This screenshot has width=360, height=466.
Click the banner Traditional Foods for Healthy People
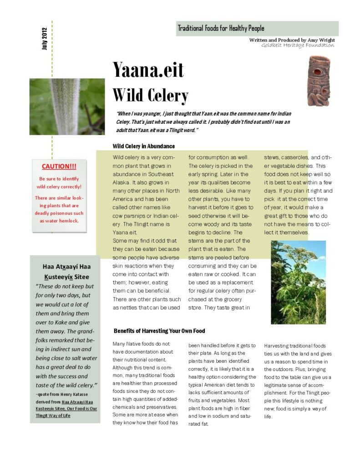pos(221,28)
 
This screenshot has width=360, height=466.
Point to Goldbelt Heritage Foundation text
pos(298,45)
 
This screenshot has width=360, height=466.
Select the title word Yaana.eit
pos(148,71)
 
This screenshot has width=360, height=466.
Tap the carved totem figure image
pos(318,81)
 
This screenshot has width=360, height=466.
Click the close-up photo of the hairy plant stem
pos(67,106)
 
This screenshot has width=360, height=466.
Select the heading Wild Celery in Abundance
pos(144,146)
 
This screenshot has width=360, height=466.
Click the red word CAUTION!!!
pos(59,167)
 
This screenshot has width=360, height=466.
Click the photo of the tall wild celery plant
pos(298,282)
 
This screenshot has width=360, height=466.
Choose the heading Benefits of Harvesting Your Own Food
pos(159,331)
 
